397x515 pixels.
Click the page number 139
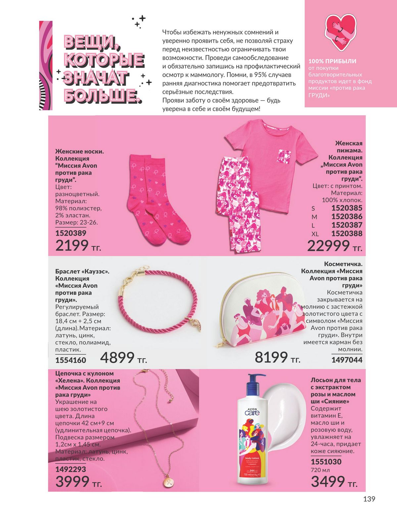(x=369, y=499)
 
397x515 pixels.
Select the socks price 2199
(x=72, y=246)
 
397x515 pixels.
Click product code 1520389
(x=71, y=233)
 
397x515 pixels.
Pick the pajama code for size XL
(x=347, y=233)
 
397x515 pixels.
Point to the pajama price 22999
(x=329, y=246)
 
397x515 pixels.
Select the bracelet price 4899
(x=117, y=358)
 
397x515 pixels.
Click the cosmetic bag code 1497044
(x=347, y=360)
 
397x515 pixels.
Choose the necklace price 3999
(x=72, y=482)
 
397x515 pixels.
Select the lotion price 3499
(x=328, y=482)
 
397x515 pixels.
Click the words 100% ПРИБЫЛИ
(x=332, y=61)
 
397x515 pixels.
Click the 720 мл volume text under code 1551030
(x=320, y=470)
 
